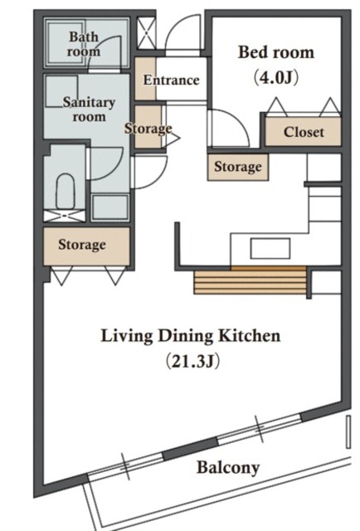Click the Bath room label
click(x=83, y=44)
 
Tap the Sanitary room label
click(x=89, y=110)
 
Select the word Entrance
click(x=171, y=80)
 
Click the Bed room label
click(x=276, y=52)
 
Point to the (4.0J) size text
click(x=276, y=78)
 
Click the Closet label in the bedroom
click(x=304, y=132)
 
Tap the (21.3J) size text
click(x=192, y=361)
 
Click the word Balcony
click(x=228, y=468)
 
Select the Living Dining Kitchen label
click(x=191, y=336)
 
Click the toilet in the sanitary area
click(x=65, y=192)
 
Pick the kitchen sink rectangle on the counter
click(x=270, y=249)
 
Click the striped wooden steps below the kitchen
click(x=250, y=280)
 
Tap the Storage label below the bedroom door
click(x=238, y=167)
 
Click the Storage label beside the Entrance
click(x=148, y=129)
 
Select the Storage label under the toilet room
click(x=82, y=245)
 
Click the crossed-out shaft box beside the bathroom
click(x=146, y=33)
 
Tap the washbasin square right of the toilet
click(x=110, y=207)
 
